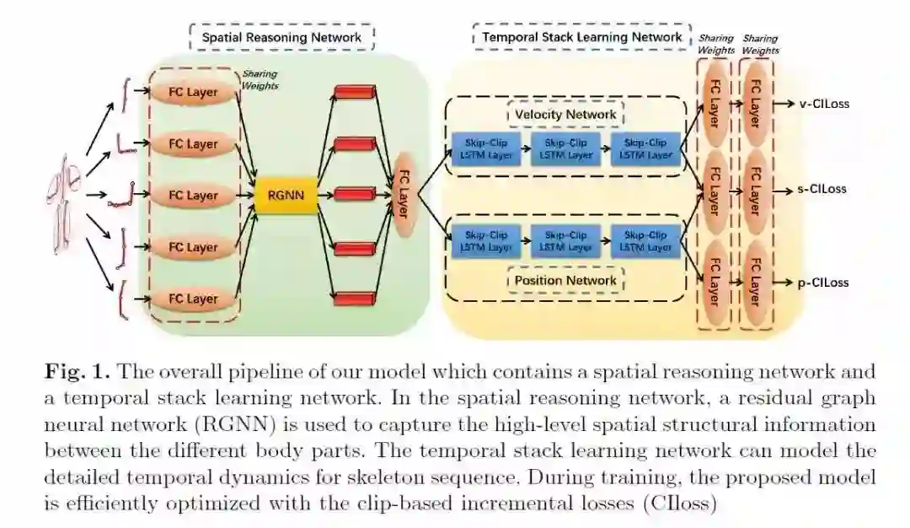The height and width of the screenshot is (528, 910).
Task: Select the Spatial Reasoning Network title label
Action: (x=281, y=37)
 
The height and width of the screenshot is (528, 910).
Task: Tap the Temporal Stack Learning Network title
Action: (x=582, y=37)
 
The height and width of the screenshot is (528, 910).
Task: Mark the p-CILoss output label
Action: (x=823, y=283)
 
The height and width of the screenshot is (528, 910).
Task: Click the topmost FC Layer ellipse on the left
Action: (x=193, y=93)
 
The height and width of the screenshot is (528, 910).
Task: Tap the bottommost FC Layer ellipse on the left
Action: (x=193, y=299)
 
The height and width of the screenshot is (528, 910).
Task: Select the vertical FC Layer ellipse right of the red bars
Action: (x=401, y=195)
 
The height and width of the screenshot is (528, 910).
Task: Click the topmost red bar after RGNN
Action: (x=354, y=90)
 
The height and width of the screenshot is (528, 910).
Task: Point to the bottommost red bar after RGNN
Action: (x=354, y=298)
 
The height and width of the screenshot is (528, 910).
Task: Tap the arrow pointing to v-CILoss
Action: (x=784, y=104)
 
